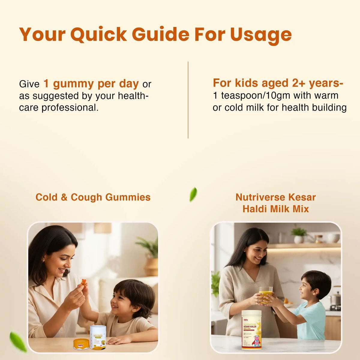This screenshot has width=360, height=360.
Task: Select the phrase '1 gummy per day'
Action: pos(91,84)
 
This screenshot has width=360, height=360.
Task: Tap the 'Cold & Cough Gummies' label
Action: pos(93,197)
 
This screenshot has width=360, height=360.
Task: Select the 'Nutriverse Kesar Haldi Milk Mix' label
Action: pos(275,203)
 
